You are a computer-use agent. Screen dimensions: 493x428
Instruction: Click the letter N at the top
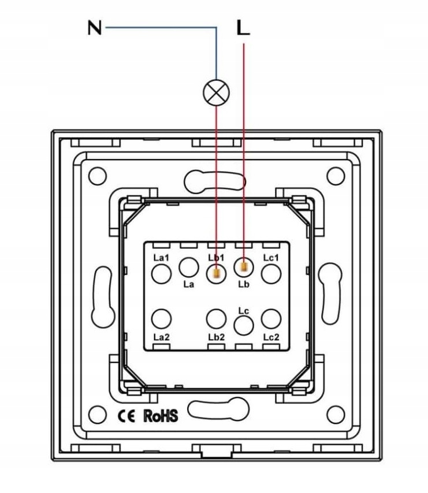[x=94, y=28]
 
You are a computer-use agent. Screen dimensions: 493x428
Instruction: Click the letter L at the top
[x=244, y=28]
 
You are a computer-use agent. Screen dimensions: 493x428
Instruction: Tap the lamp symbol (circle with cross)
[x=217, y=92]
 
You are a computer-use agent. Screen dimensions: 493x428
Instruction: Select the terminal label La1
[x=162, y=257]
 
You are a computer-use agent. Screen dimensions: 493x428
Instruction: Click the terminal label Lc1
[x=271, y=257]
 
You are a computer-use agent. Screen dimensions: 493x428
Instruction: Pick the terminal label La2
[x=162, y=336]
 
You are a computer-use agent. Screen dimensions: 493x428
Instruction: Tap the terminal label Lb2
[x=216, y=336]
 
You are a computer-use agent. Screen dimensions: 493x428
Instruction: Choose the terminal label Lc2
[x=271, y=336]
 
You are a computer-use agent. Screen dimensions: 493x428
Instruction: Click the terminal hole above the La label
[x=188, y=266]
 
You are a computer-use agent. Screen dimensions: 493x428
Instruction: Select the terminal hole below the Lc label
[x=244, y=326]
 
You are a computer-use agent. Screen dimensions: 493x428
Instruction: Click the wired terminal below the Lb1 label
[x=216, y=273]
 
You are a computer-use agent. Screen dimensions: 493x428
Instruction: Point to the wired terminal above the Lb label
[x=244, y=266]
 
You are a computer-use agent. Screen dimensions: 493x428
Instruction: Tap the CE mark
[x=126, y=415]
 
